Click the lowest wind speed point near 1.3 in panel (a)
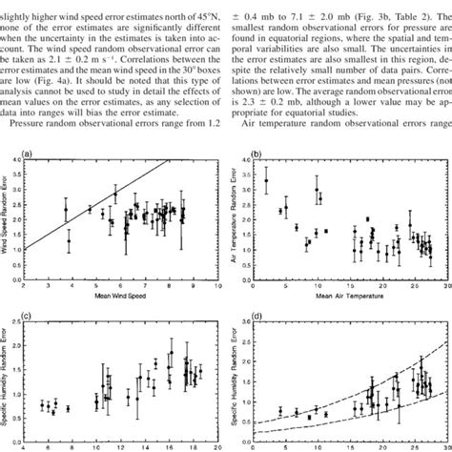(x=69, y=241)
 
